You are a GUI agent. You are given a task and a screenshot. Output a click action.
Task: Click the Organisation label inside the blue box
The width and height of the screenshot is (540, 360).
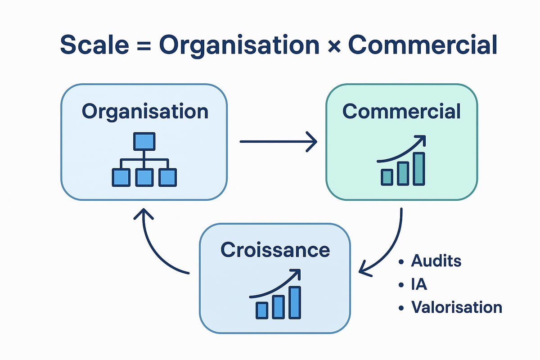[145, 111]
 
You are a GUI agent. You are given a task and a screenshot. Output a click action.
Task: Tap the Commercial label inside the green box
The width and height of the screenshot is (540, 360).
[401, 111]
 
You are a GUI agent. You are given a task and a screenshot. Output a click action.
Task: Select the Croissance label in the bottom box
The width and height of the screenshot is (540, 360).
[275, 250]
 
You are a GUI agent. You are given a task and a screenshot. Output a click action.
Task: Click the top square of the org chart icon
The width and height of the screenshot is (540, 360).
[144, 141]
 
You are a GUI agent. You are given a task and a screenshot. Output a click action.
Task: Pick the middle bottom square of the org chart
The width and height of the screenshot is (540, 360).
[144, 177]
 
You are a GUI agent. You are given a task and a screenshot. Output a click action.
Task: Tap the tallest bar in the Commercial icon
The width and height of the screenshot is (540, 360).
[418, 169]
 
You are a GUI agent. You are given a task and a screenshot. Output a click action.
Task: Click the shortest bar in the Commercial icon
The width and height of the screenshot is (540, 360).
[387, 177]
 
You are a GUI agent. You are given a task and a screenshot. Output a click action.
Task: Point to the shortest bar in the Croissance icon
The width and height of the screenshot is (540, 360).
[262, 310]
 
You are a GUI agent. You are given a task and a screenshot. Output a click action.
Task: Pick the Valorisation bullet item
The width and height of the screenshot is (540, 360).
[455, 307]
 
